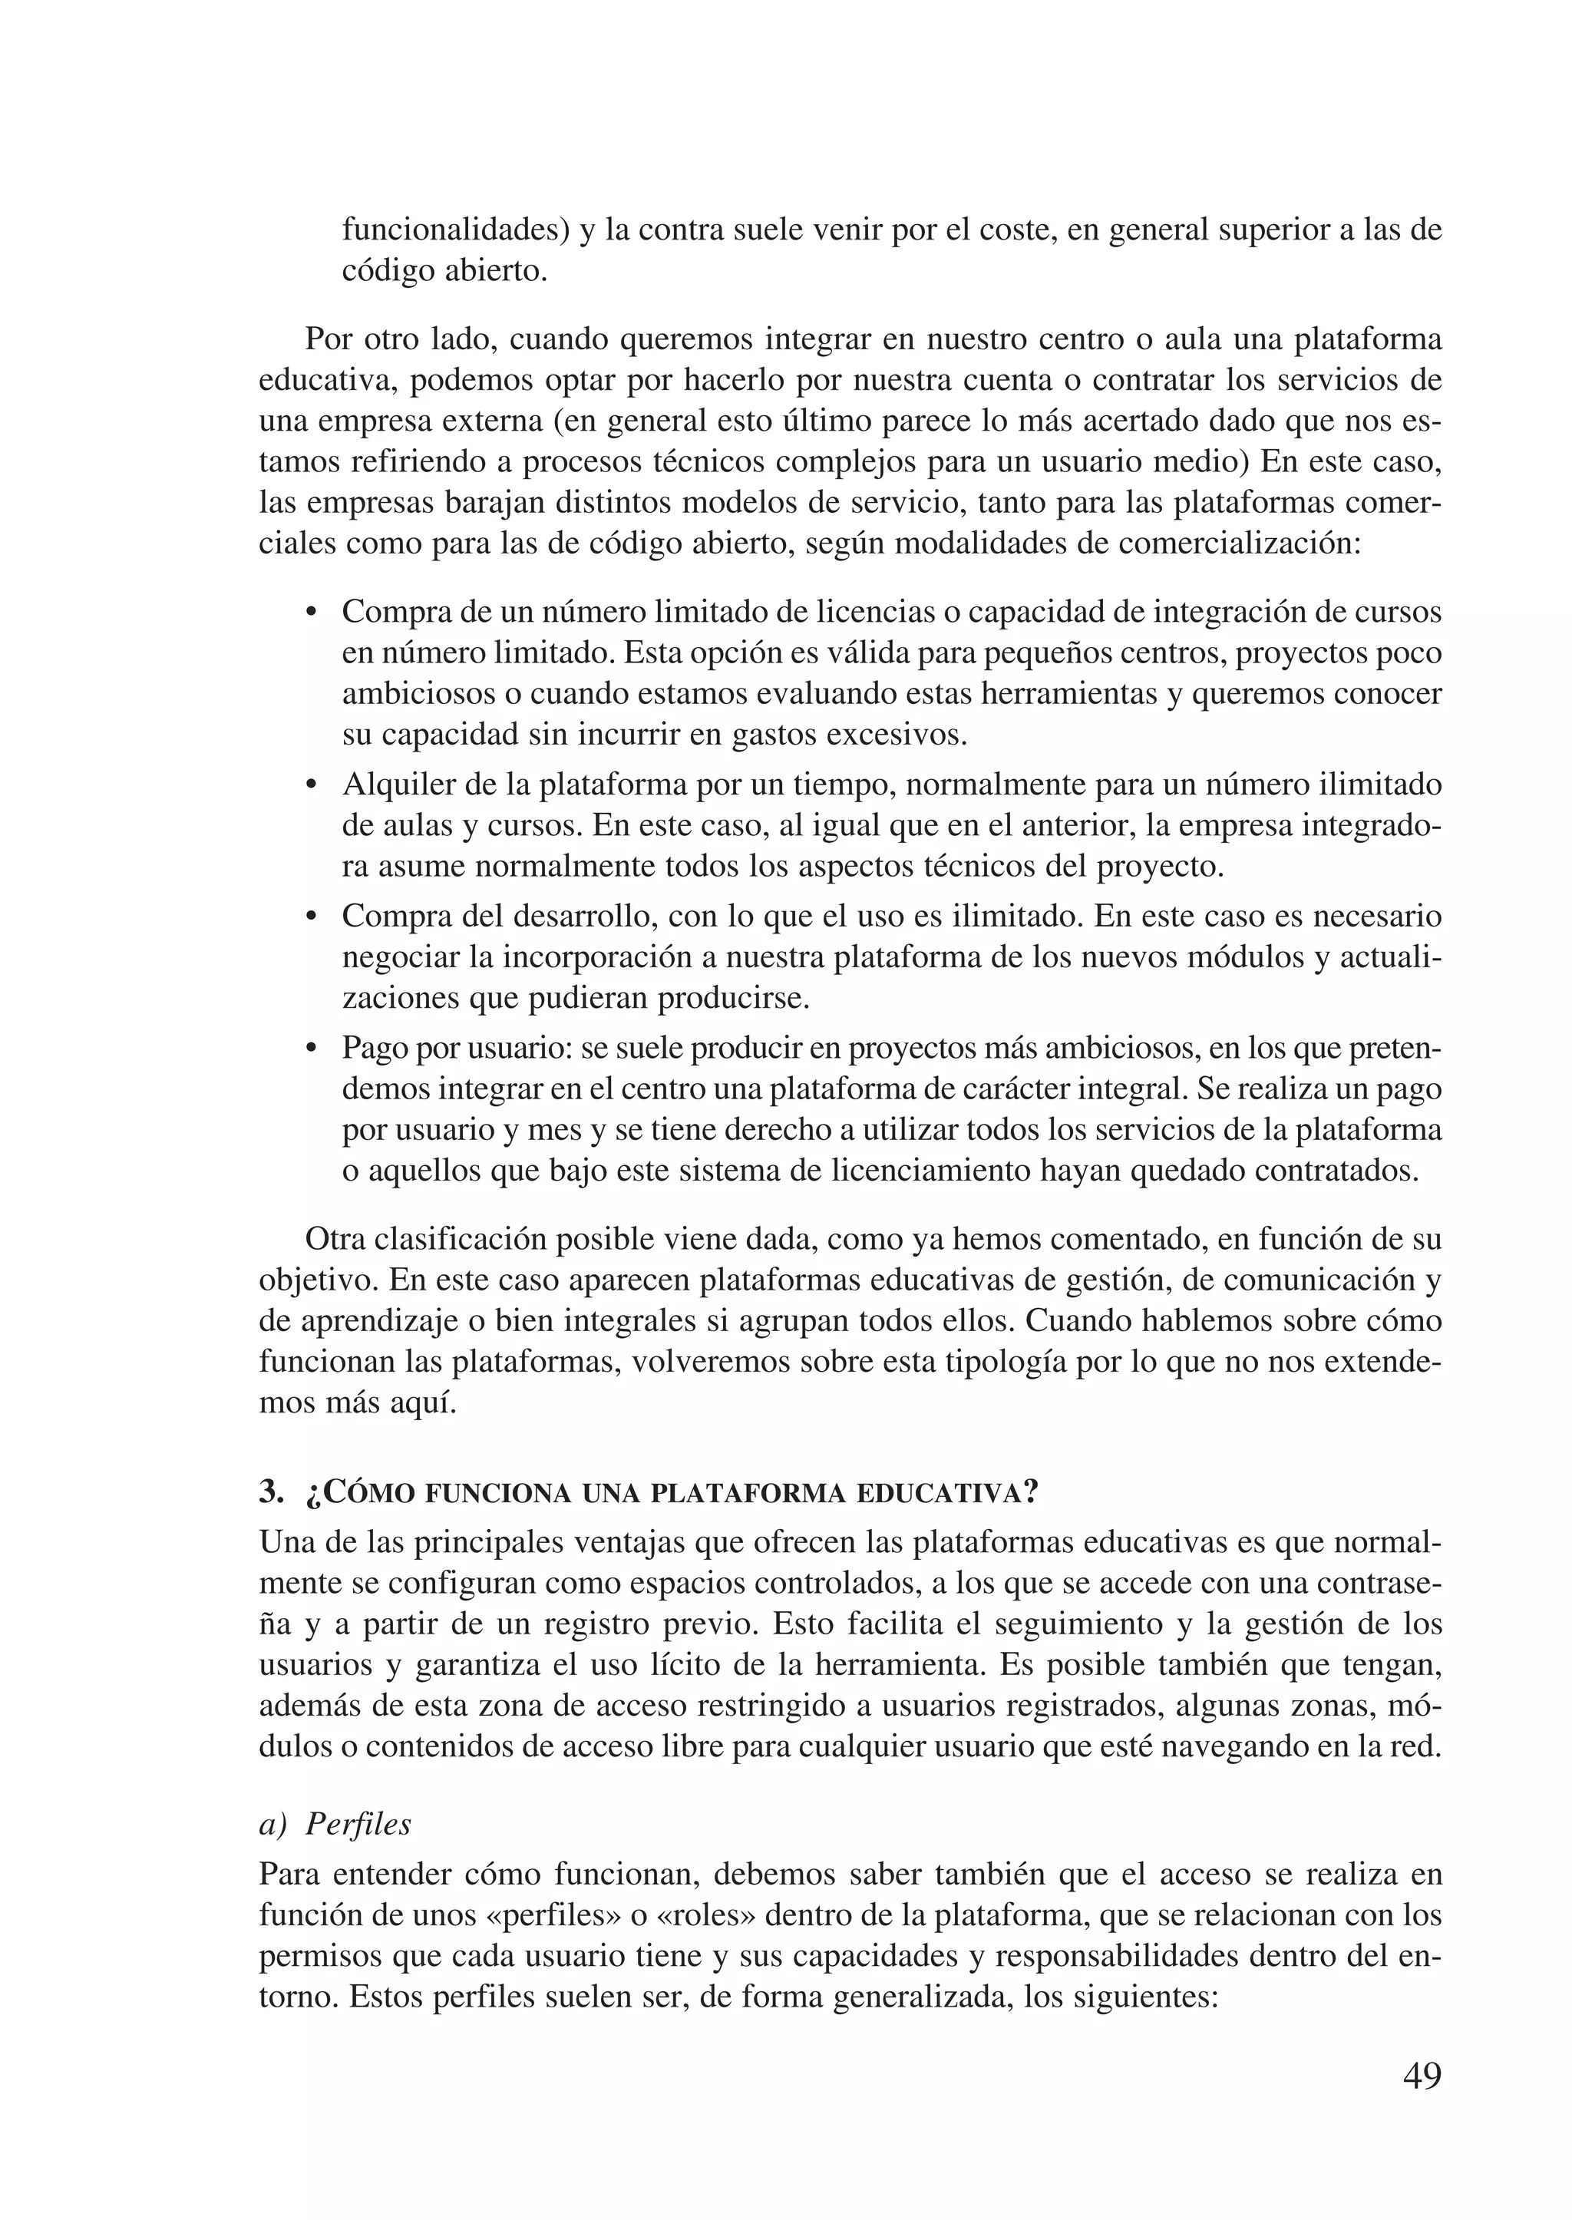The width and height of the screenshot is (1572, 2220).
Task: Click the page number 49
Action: click(1421, 2075)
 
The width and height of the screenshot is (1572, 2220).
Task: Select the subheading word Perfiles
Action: click(358, 1824)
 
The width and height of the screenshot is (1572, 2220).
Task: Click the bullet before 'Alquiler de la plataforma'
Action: click(311, 785)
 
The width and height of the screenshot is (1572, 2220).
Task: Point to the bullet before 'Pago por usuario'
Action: click(311, 1049)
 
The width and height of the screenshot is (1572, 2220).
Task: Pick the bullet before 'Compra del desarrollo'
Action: click(311, 917)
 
